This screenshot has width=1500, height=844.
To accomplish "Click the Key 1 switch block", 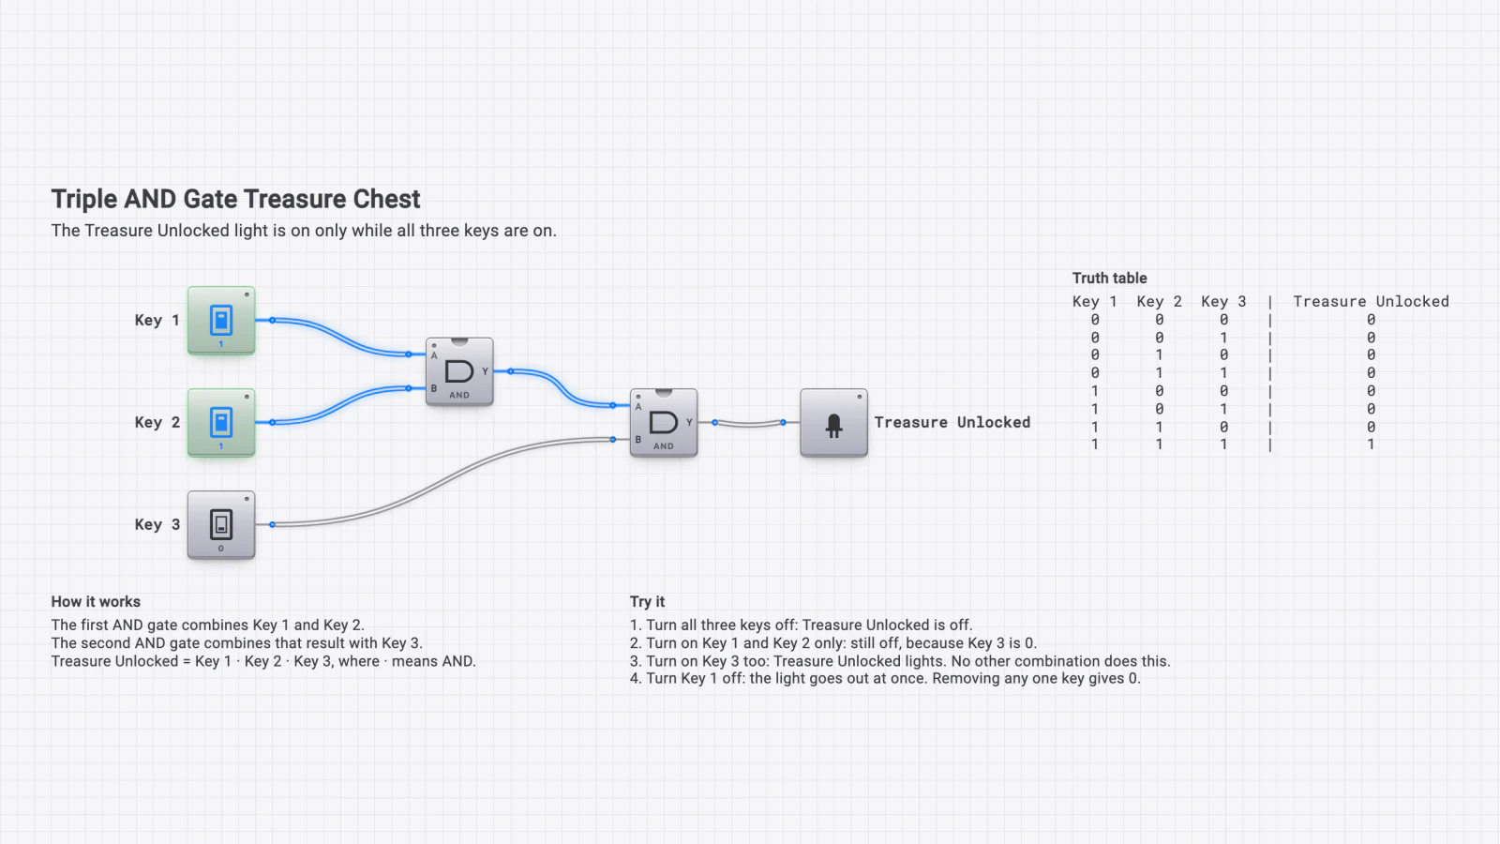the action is (x=221, y=320).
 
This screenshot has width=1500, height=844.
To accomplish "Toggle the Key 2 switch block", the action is (x=221, y=422).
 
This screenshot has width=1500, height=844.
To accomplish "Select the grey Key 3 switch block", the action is (x=221, y=524).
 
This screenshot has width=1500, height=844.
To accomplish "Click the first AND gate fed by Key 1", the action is (x=459, y=371).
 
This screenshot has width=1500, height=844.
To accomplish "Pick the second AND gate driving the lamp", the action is (x=664, y=423).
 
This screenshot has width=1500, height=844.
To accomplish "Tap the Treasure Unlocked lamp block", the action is (x=833, y=423).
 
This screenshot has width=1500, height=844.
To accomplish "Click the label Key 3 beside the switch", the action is (x=157, y=524).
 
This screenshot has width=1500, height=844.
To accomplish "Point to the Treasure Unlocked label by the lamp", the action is (x=952, y=422).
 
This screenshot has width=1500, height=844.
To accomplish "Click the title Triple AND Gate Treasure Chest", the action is (x=235, y=199).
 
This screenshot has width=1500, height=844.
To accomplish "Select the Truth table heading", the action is (x=1110, y=278).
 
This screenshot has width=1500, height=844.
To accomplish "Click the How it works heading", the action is (x=96, y=601).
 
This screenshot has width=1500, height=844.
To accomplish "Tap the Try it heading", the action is (x=647, y=601).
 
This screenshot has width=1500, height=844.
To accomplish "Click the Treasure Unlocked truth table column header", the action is (x=1371, y=301).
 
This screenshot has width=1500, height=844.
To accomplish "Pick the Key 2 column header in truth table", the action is (x=1159, y=301).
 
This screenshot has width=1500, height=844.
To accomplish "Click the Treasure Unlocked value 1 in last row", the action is (x=1371, y=445).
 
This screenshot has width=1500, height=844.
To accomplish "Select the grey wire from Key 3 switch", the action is (x=442, y=482).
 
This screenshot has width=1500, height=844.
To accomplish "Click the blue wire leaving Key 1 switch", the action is (x=340, y=337).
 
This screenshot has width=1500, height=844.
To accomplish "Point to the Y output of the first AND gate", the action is (x=485, y=371).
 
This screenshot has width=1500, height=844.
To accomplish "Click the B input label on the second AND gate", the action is (x=638, y=440).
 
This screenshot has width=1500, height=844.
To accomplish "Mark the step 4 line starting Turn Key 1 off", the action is (x=885, y=679).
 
